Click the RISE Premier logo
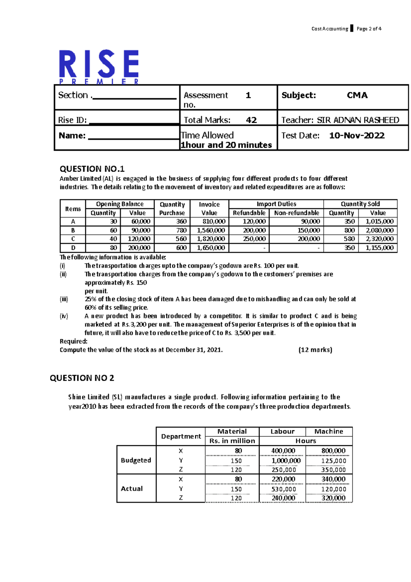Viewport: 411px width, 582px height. point(99,67)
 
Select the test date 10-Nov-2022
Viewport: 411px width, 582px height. point(357,136)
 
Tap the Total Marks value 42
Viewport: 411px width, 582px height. point(251,120)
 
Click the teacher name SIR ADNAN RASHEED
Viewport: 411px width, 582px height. point(358,120)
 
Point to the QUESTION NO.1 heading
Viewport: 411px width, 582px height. point(92,169)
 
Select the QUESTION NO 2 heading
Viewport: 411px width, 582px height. point(82,378)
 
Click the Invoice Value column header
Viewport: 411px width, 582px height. point(209,208)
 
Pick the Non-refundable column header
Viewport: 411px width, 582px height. point(297,213)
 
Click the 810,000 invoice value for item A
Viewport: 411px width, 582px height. point(214,222)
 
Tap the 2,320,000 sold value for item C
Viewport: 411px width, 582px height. point(379,239)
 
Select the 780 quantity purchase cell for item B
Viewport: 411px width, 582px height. point(181,230)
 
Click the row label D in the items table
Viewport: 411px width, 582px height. point(73,248)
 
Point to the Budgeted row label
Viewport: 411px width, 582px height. point(136,460)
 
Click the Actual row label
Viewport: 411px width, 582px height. point(132,488)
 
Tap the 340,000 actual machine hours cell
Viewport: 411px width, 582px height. point(333,479)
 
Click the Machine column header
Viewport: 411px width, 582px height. point(328,432)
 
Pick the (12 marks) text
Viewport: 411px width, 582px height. point(315,350)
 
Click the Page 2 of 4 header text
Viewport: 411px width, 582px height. point(369,29)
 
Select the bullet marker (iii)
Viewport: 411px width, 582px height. point(64,299)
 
